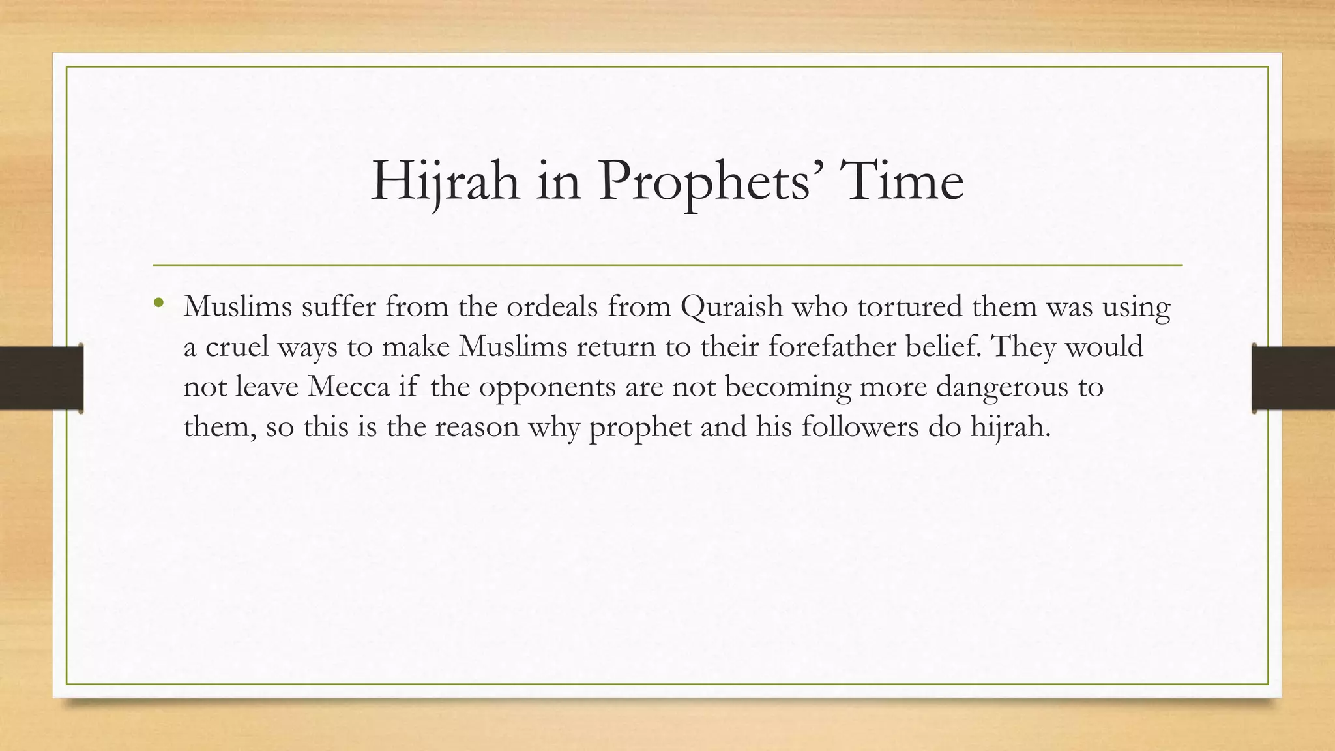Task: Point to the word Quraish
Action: click(x=731, y=306)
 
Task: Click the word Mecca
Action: click(x=348, y=387)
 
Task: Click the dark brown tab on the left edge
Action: click(x=41, y=378)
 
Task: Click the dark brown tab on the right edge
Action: click(x=1293, y=378)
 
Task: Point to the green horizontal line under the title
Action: click(x=667, y=265)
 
